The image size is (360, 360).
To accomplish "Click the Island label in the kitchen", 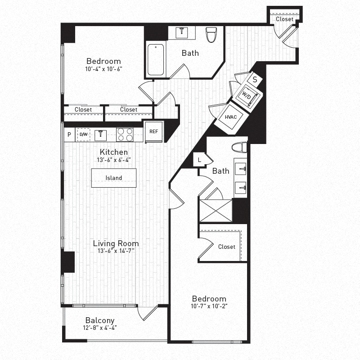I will coord(114,178).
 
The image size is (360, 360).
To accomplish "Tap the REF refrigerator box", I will coord(153,131).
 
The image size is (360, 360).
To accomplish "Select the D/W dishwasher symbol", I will coord(84,134).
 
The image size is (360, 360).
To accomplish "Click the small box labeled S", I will coord(255,79).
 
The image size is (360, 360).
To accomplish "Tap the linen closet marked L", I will coord(199,159).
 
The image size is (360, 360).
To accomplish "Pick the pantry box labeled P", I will coord(69,134).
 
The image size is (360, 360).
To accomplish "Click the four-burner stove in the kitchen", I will coord(125,134).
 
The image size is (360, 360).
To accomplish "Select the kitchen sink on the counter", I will coord(101,134).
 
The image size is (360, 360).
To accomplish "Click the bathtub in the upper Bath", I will coord(156,59).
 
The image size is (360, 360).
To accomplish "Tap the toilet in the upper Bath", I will coord(211,35).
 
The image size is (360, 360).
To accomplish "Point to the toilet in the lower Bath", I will coord(239,147).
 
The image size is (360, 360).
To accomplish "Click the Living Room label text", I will coord(116,243).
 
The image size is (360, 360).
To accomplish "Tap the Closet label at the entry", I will coord(284,19).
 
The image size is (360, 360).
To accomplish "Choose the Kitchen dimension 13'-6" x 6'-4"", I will coord(113,160).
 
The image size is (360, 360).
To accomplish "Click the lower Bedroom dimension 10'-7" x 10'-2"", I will coord(209,307).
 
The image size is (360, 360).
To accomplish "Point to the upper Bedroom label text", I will coord(103,61).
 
